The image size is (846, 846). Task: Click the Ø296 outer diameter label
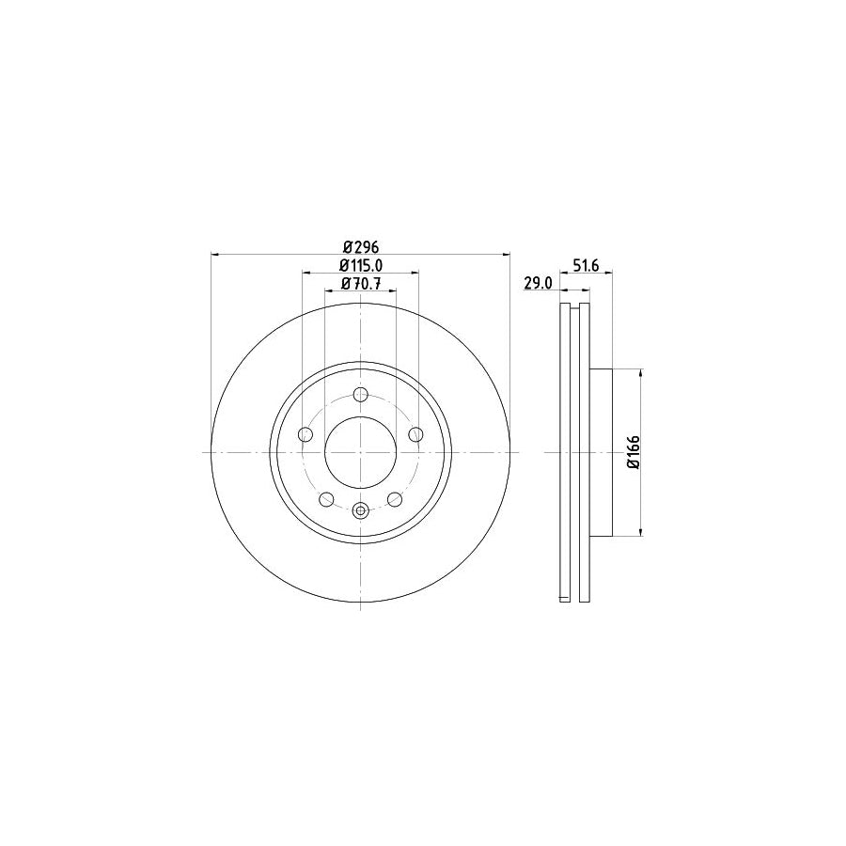coord(360,247)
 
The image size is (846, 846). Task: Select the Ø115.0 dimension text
coord(360,266)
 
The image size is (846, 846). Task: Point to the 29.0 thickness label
coord(538,283)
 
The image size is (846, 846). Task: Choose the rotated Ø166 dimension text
coord(634,453)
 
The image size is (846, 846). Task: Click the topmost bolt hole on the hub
coord(361,395)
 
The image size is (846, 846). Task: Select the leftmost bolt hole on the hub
coord(305,434)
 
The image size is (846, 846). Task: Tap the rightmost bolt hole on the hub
coord(416,434)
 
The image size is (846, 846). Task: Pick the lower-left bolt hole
coord(326,499)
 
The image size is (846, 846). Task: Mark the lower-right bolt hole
coord(395,499)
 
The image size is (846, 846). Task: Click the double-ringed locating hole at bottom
coord(361,511)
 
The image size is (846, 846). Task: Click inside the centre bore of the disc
coord(361,453)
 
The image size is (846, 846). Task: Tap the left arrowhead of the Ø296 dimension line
coord(217,254)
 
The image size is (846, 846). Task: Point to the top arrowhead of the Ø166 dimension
coord(642,373)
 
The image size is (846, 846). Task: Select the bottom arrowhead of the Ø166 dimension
coord(642,533)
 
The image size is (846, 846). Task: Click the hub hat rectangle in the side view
coord(602,453)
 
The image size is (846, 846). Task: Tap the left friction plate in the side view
coord(565,453)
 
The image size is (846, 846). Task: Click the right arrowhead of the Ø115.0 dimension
coord(415,273)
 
